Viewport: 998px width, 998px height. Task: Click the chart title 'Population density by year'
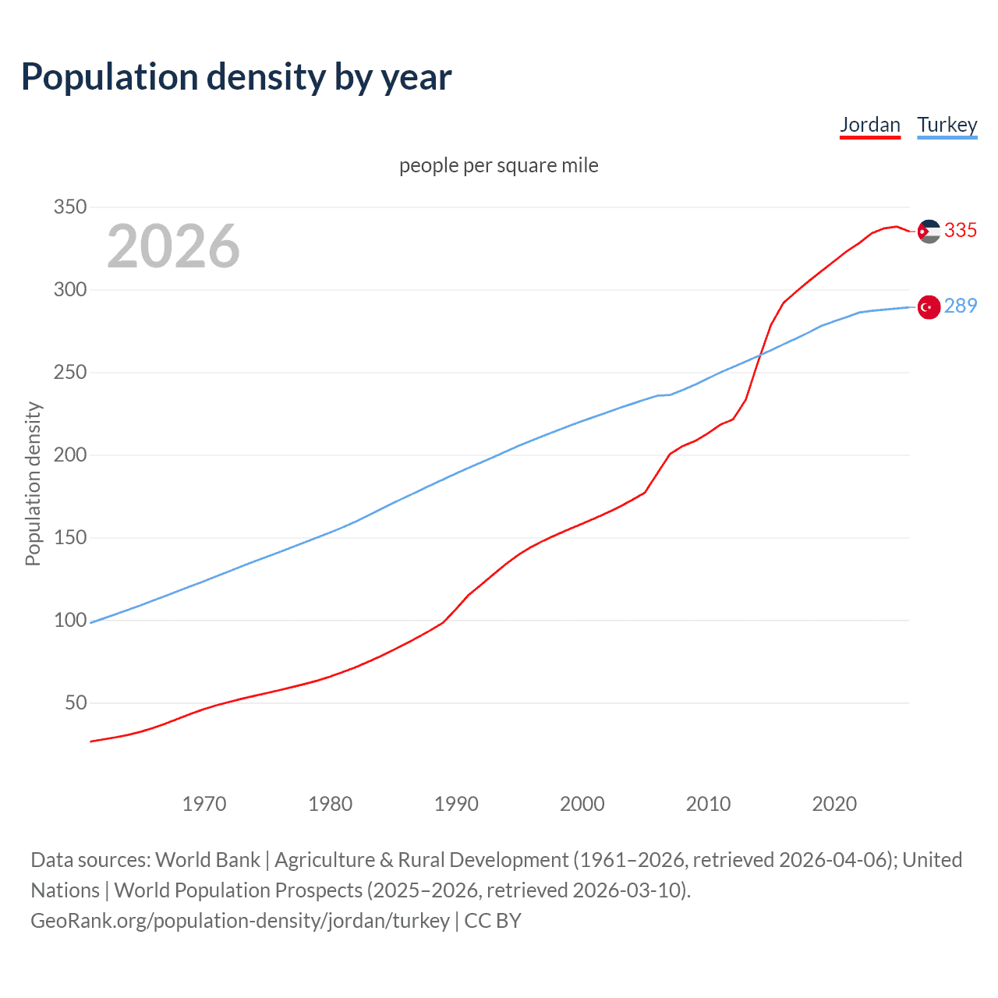click(x=236, y=77)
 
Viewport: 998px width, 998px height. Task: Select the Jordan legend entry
click(x=869, y=125)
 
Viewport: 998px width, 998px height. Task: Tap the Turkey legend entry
click(x=947, y=125)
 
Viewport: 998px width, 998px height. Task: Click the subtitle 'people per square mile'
click(x=498, y=165)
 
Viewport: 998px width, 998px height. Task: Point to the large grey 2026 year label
click(x=173, y=246)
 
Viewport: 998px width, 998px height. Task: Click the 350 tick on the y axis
click(x=69, y=207)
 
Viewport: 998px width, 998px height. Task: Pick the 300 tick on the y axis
click(x=69, y=290)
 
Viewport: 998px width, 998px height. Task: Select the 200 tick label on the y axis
click(x=69, y=455)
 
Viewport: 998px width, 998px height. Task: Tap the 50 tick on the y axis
click(x=76, y=703)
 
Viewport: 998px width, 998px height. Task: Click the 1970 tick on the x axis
click(x=204, y=804)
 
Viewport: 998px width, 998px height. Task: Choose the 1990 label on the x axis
click(x=456, y=804)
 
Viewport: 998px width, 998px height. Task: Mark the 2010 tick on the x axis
click(x=708, y=804)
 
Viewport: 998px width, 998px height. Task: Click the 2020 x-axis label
click(x=834, y=804)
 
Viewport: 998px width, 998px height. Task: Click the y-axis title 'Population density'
click(x=33, y=483)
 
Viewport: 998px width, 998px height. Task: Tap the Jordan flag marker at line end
click(x=928, y=232)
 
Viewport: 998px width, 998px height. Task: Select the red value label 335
click(x=961, y=231)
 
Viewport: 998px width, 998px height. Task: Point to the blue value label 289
click(x=961, y=306)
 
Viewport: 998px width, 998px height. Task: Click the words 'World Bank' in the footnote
click(x=207, y=860)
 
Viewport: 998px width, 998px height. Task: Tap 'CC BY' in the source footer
click(x=493, y=921)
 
